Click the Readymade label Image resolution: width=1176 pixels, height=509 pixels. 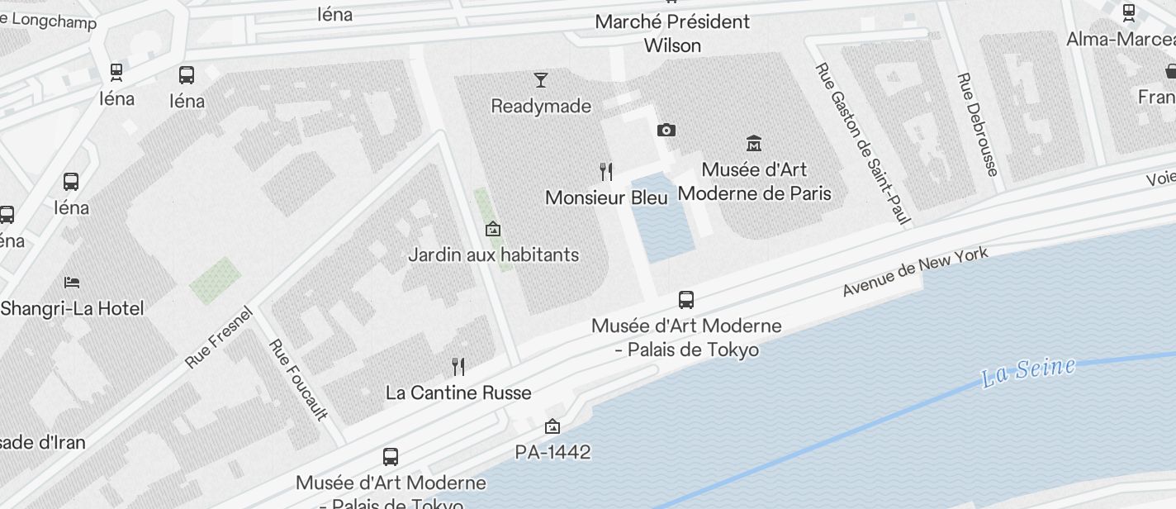pos(541,106)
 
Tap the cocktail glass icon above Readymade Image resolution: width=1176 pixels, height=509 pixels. pos(541,80)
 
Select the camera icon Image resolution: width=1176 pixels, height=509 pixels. pos(666,130)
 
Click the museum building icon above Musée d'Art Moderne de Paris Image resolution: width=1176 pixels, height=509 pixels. pos(753,143)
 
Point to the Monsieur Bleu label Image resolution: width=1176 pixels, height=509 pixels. pos(606,198)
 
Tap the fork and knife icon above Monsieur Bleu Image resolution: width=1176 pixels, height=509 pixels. pos(606,172)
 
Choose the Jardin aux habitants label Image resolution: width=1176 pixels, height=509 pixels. pos(493,254)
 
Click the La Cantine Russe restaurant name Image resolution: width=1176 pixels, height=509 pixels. pos(458,392)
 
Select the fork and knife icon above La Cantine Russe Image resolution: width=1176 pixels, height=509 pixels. pos(458,366)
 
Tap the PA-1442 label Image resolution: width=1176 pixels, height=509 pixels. pos(552,452)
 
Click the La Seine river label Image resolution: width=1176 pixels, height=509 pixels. pos(1028,371)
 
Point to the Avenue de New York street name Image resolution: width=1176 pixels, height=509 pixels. pos(915,272)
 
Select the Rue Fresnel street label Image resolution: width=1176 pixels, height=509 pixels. pos(218,338)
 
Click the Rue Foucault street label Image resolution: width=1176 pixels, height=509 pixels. pos(298,379)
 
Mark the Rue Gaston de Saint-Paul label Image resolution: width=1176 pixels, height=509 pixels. pos(862,144)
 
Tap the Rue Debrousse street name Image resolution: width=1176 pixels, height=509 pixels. pos(978,124)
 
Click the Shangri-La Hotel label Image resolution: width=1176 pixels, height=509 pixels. pos(72,308)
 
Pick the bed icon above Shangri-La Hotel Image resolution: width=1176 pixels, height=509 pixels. pos(72,283)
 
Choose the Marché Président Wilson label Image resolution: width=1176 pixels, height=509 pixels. pos(672,33)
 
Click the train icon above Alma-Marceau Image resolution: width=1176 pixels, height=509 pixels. pos(1128,12)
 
